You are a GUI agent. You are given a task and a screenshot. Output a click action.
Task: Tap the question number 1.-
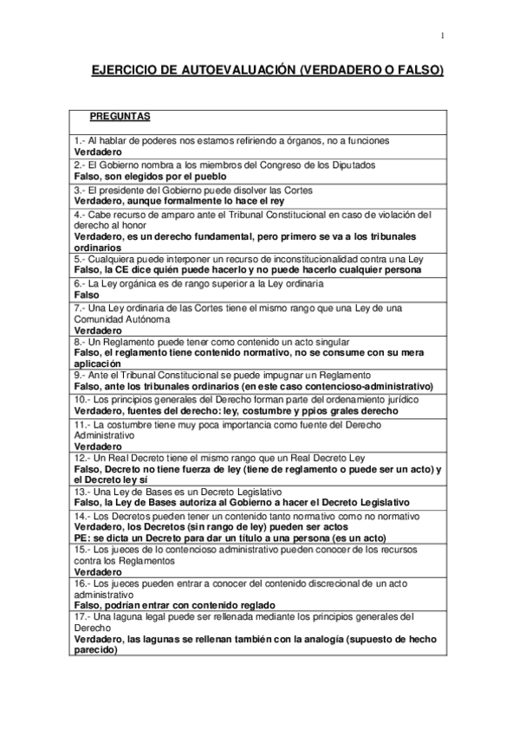(x=80, y=140)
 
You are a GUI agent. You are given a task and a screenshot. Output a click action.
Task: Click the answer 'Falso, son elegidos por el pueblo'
(x=151, y=176)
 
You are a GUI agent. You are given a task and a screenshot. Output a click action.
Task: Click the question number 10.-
(x=82, y=400)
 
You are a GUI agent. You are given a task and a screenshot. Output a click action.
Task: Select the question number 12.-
(x=82, y=457)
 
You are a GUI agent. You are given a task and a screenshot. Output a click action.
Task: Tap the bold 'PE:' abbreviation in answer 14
(x=82, y=537)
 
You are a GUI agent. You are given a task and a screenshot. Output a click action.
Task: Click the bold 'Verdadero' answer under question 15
(x=98, y=572)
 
